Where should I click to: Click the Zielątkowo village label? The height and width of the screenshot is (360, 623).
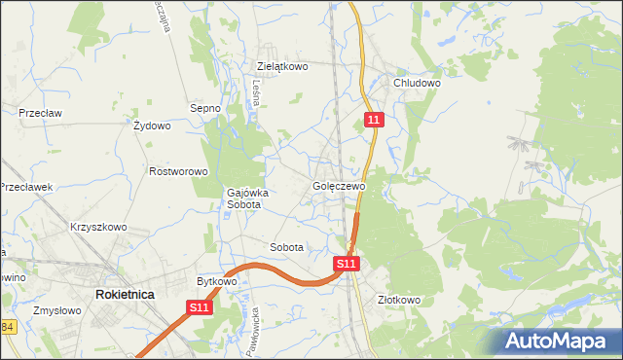coord(282,67)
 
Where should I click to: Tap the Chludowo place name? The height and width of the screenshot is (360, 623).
coord(418,84)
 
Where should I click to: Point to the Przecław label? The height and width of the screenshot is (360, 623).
coord(40,113)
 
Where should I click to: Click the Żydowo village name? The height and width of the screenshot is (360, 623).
coord(152,126)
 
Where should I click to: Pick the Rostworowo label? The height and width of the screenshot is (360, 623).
coord(179,171)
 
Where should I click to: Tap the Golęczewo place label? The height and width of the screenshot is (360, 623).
coord(339,186)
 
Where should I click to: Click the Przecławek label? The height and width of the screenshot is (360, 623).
coord(25,187)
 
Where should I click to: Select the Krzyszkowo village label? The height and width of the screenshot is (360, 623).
coord(98,227)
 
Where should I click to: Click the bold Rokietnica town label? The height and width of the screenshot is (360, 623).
coord(125,293)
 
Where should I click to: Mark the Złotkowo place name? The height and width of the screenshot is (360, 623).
coord(398,300)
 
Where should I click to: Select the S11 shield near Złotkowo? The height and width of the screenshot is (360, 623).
coord(347,264)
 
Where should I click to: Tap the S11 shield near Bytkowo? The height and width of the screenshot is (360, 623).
coord(199,308)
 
